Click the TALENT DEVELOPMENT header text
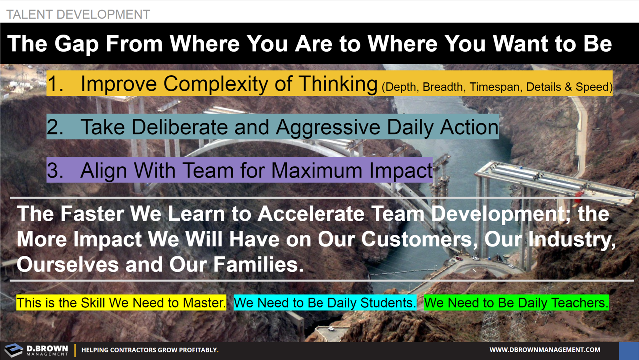point(78,14)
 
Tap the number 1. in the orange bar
point(56,84)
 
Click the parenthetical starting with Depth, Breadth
point(497,87)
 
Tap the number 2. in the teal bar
point(56,127)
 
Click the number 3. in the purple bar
point(56,170)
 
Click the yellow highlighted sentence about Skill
point(121,303)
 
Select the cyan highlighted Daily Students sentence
point(325,303)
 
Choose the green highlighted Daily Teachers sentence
point(516,303)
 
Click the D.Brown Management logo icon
point(14,350)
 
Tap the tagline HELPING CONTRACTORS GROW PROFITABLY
point(150,350)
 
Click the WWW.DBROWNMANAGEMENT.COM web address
point(545,350)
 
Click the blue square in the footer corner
point(629,351)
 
